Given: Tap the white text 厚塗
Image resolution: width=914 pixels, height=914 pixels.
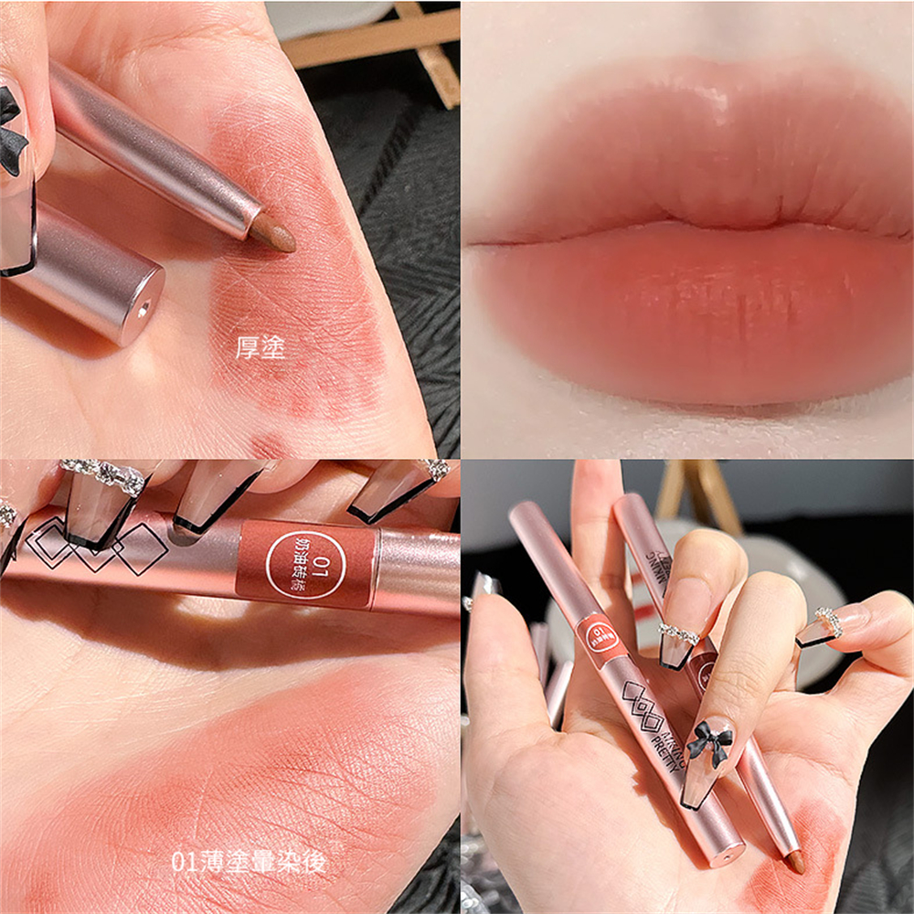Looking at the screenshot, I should (260, 348).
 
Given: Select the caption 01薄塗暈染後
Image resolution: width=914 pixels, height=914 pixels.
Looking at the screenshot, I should (248, 862).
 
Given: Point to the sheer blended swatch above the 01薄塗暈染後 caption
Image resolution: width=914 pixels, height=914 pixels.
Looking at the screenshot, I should (228, 749).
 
